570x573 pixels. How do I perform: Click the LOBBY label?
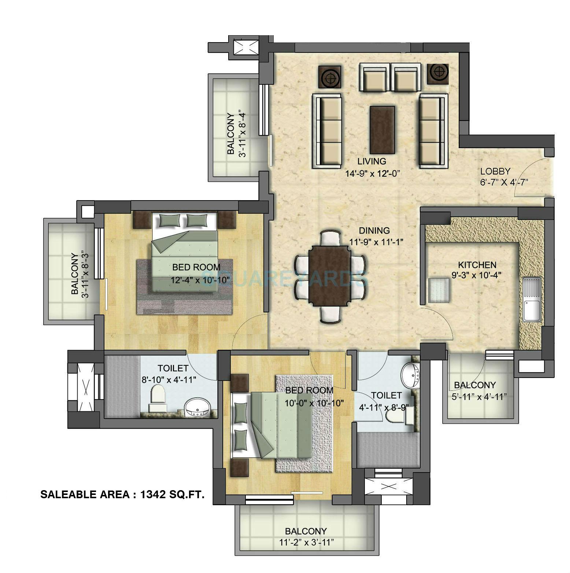tap(495, 171)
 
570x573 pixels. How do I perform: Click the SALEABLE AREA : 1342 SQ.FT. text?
tap(122, 495)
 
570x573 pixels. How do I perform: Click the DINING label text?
tap(374, 231)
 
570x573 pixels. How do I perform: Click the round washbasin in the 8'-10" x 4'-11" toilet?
tap(197, 408)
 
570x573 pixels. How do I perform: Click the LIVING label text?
tap(371, 161)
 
